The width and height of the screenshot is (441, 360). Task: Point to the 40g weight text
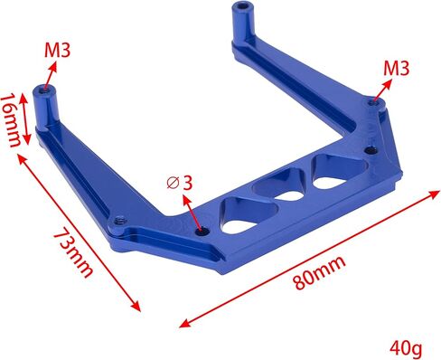tap(406, 346)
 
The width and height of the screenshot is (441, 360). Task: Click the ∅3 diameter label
tap(180, 182)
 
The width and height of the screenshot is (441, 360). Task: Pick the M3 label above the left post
tap(58, 49)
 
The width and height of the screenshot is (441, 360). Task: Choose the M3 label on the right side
tap(397, 68)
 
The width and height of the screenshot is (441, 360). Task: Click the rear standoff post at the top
tap(242, 23)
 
